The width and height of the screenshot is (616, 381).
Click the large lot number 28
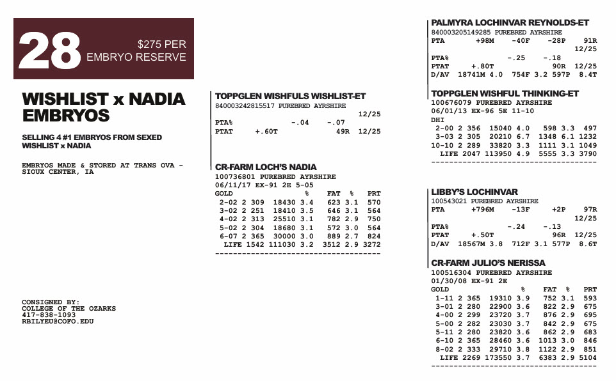[x=49, y=51]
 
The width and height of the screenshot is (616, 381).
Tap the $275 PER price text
[x=162, y=45]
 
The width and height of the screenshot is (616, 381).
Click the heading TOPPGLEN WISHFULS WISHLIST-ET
[x=290, y=97]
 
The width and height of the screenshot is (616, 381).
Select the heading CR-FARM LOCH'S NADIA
[x=266, y=167]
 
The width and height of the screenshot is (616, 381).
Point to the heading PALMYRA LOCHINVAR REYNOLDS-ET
[x=510, y=23]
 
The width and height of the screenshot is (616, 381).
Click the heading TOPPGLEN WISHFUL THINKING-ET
[x=505, y=94]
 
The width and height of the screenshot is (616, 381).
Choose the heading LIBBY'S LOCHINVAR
[x=474, y=192]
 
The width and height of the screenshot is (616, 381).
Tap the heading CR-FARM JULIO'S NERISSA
[x=488, y=263]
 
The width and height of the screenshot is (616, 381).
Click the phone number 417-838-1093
[x=49, y=315]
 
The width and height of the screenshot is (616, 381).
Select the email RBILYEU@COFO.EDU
[x=58, y=322]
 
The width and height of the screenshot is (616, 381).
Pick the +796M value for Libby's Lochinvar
[x=482, y=209]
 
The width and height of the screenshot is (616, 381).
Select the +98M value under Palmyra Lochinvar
[x=485, y=40]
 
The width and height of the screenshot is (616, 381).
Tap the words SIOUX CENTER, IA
[x=58, y=173]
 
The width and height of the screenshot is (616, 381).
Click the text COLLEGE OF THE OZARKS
[x=69, y=309]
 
